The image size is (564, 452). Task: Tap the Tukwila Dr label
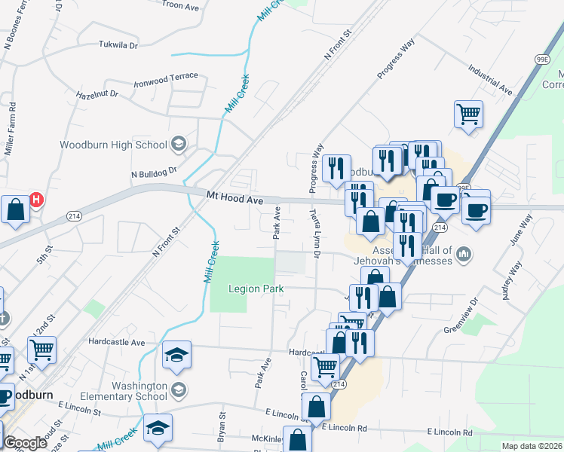coord(118,45)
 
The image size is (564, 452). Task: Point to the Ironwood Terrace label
coord(166,78)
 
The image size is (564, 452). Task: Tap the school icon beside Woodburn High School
coord(179,144)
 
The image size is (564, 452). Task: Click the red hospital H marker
coord(35,200)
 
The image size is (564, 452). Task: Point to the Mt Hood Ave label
coord(234,199)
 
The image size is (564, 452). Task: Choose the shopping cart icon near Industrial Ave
coord(468,115)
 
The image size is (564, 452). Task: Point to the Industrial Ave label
coord(490,80)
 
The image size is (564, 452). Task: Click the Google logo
coord(26,444)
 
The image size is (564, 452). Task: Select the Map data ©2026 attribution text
coord(532,446)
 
